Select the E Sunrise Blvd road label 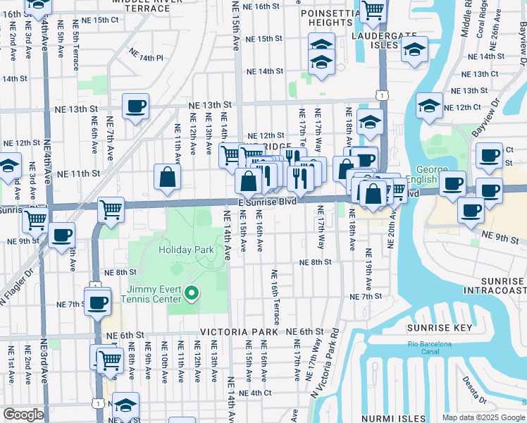coord(268,202)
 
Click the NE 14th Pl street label coord(146,54)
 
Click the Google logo coord(23,415)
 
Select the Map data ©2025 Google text coord(483,417)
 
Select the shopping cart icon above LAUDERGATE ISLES coord(373,11)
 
